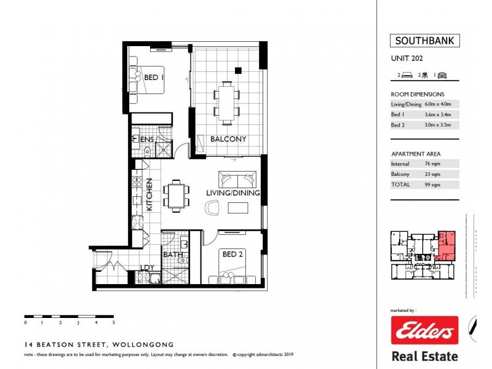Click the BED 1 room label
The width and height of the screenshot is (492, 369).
pyautogui.click(x=153, y=78)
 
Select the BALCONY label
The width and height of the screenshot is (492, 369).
pyautogui.click(x=228, y=140)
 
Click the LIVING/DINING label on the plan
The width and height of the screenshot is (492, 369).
pyautogui.click(x=232, y=193)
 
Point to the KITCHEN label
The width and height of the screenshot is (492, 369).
pyautogui.click(x=149, y=196)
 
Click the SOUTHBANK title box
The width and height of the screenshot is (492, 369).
pyautogui.click(x=424, y=42)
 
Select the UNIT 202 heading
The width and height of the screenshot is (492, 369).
pyautogui.click(x=407, y=59)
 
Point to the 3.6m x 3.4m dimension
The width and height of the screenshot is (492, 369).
pyautogui.click(x=438, y=114)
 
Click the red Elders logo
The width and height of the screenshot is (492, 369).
pyautogui.click(x=424, y=331)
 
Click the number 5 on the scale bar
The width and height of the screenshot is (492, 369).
pyautogui.click(x=114, y=322)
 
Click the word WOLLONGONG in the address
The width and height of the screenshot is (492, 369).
pyautogui.click(x=144, y=345)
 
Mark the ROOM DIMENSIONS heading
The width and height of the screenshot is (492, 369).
pyautogui.click(x=418, y=94)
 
